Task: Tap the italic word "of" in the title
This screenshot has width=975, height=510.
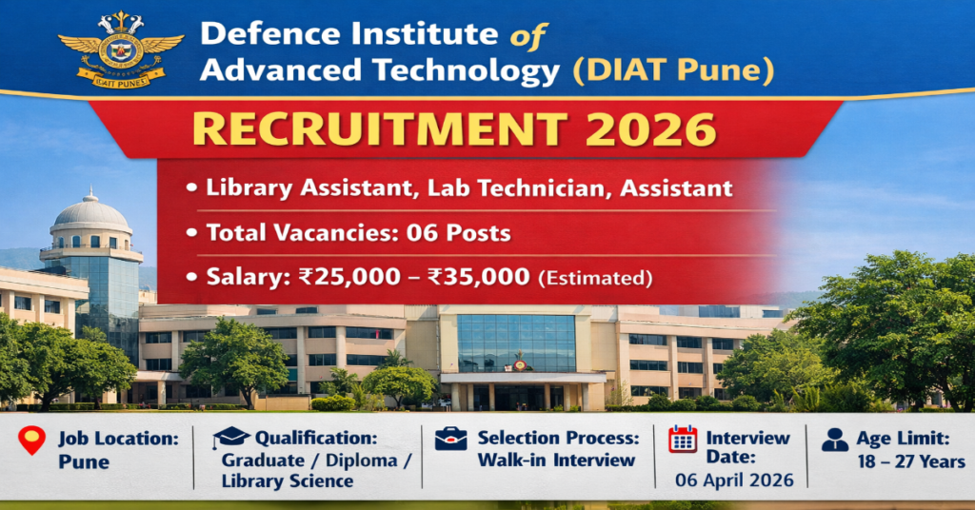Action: click(x=527, y=36)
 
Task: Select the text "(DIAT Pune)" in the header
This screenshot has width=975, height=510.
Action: click(x=673, y=70)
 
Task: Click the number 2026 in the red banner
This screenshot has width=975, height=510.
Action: click(x=651, y=129)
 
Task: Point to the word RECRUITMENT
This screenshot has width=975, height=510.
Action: click(x=379, y=129)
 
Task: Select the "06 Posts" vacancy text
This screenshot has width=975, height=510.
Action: click(x=458, y=233)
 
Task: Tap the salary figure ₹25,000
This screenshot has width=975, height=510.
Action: click(x=349, y=277)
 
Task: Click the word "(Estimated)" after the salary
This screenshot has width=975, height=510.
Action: click(x=595, y=278)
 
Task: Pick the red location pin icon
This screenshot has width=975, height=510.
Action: click(x=31, y=440)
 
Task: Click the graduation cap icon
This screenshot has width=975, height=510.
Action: click(x=230, y=437)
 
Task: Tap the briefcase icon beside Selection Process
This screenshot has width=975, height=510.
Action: click(x=450, y=439)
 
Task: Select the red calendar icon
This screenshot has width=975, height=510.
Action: click(x=683, y=440)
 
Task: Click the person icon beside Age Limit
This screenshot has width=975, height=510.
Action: click(x=834, y=440)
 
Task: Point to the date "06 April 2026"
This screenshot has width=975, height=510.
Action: click(x=734, y=481)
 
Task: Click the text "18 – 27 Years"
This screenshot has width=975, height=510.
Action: click(x=911, y=461)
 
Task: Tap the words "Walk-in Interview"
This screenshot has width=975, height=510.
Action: click(x=556, y=461)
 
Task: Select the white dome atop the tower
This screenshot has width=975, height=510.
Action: click(x=90, y=212)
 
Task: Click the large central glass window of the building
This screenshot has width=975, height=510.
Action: click(x=516, y=343)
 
